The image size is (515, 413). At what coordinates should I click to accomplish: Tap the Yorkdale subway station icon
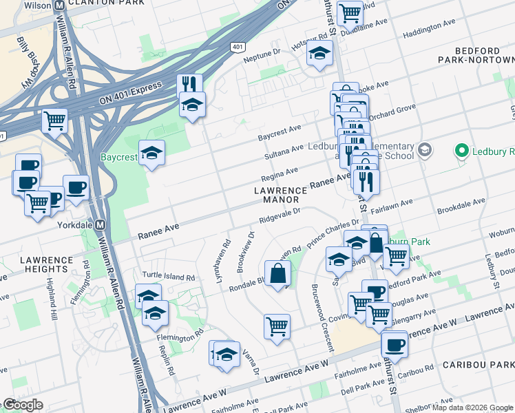(x=100, y=224)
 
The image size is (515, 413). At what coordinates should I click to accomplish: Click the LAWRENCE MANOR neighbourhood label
(x=280, y=195)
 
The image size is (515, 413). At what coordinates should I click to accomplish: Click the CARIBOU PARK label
(x=478, y=363)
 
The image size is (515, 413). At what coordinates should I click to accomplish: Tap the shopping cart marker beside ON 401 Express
(x=54, y=120)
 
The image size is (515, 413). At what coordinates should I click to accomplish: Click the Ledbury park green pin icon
(x=461, y=150)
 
